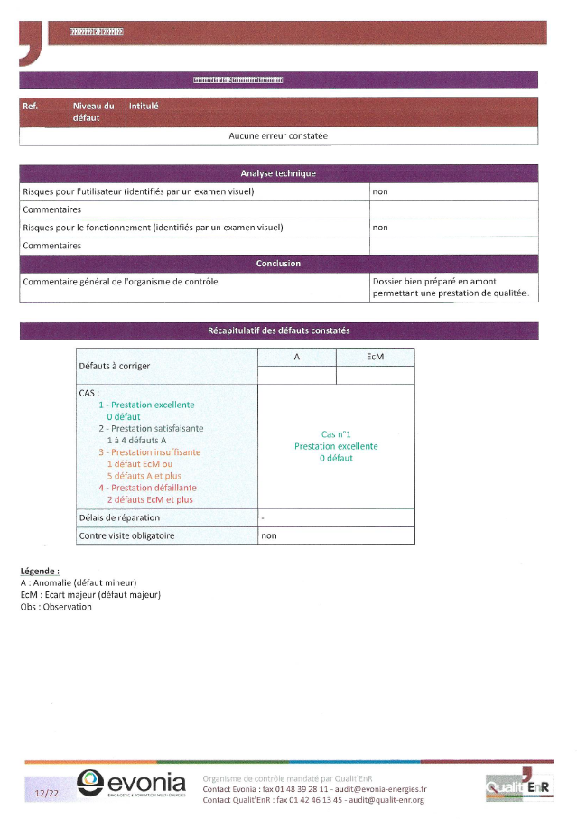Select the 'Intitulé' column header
click(x=144, y=106)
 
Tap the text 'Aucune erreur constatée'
click(x=278, y=136)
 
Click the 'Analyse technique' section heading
click(x=278, y=173)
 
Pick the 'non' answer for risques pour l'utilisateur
click(x=380, y=191)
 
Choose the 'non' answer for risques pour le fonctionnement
click(x=380, y=228)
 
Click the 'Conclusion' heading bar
click(x=278, y=264)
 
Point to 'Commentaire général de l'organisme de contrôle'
click(x=120, y=282)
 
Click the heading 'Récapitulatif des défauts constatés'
click(x=278, y=331)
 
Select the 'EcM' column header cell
click(x=376, y=358)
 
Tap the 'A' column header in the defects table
click(x=297, y=358)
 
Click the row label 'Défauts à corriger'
click(x=115, y=366)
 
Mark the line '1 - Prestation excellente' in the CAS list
click(x=146, y=405)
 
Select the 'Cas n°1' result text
click(x=336, y=434)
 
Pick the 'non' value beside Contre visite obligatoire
click(x=269, y=535)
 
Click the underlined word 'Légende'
click(x=39, y=572)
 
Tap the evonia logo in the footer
click(x=131, y=783)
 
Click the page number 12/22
click(x=46, y=794)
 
